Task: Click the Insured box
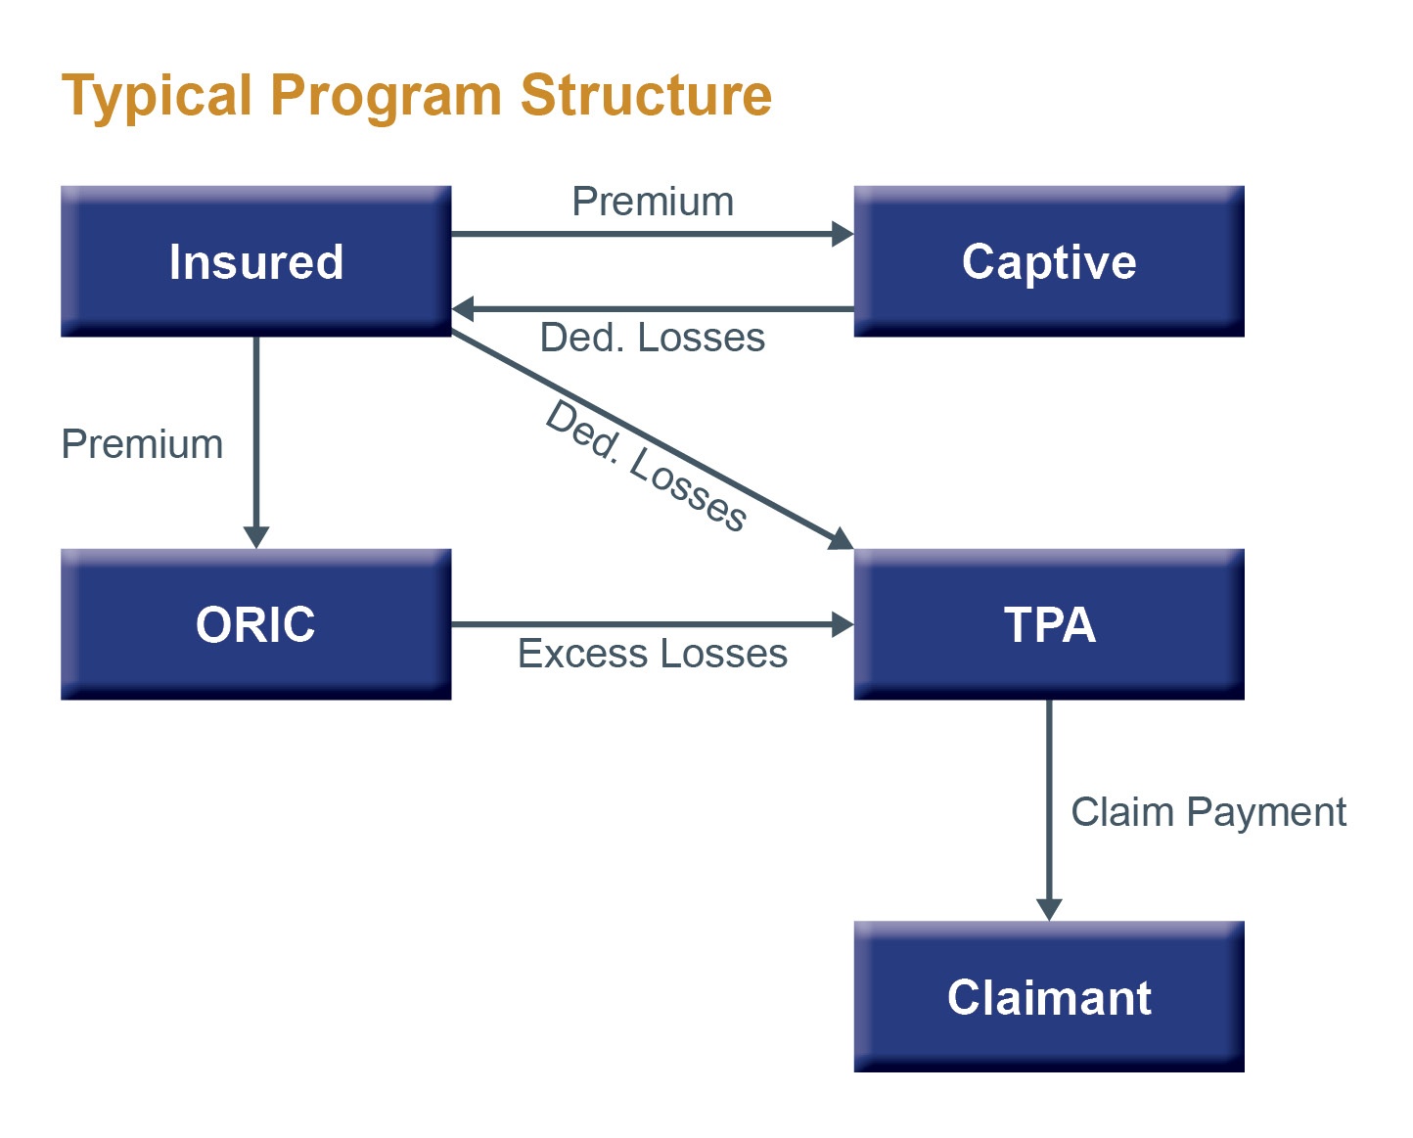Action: point(255,261)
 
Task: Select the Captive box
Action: point(1048,261)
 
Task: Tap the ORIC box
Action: point(255,624)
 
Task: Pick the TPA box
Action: point(1048,624)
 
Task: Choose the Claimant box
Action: point(1048,997)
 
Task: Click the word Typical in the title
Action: point(157,97)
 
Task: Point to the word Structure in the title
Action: point(646,95)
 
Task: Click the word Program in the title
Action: point(386,97)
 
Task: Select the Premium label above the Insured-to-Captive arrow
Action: point(653,202)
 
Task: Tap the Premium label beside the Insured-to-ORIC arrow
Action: point(142,444)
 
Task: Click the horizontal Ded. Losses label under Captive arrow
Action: point(653,338)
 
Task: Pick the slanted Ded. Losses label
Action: point(646,466)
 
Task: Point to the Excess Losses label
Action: point(653,654)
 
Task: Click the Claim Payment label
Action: point(1208,812)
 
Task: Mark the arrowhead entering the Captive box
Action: point(843,234)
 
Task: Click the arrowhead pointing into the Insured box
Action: point(463,309)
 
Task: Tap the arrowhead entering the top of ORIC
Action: point(255,537)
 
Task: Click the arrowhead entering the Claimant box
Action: point(1049,910)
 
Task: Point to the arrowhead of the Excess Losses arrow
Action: point(843,624)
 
